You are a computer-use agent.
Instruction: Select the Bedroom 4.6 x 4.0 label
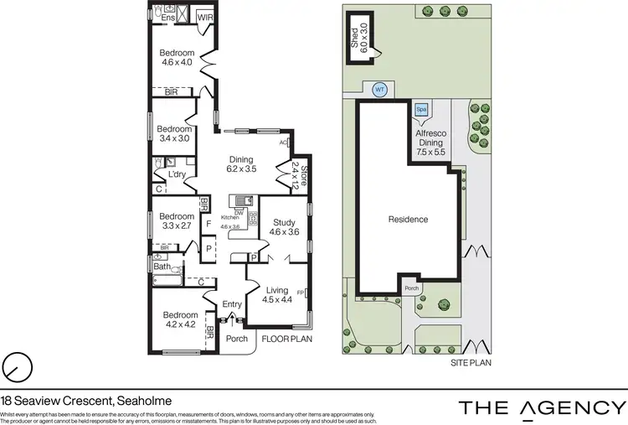pyautogui.click(x=177, y=56)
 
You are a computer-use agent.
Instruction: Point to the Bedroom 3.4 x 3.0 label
pyautogui.click(x=175, y=134)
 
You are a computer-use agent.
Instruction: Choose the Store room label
pyautogui.click(x=294, y=178)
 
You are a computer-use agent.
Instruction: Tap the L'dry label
pyautogui.click(x=177, y=174)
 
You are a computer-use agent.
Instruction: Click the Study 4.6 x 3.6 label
pyautogui.click(x=283, y=226)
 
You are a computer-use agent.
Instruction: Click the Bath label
pyautogui.click(x=163, y=266)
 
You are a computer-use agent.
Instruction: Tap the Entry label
pyautogui.click(x=232, y=304)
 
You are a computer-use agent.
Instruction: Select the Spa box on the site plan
pyautogui.click(x=420, y=109)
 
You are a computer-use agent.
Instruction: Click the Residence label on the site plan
pyautogui.click(x=408, y=220)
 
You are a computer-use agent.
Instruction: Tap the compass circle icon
pyautogui.click(x=17, y=366)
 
